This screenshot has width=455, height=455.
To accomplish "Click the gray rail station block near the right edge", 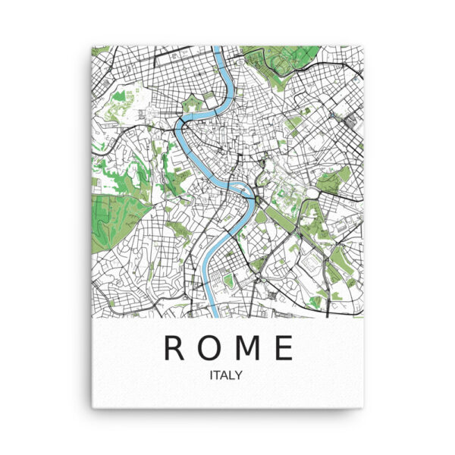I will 350,120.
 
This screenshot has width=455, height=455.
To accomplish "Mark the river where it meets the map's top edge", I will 217,51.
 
